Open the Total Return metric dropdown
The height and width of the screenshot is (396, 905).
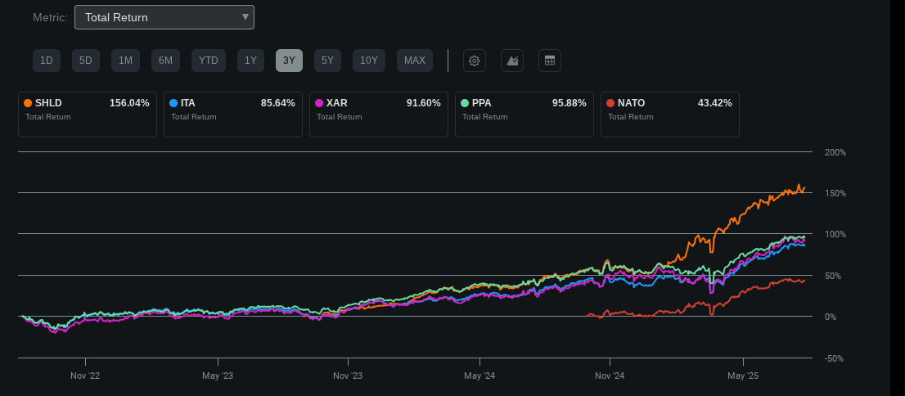click(x=164, y=17)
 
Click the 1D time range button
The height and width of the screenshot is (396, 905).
click(x=47, y=61)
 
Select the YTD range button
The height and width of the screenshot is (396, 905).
click(x=209, y=61)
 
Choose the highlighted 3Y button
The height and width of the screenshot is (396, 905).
click(x=289, y=61)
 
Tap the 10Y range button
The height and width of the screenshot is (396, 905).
click(x=369, y=61)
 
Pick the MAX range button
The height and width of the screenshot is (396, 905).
click(x=415, y=61)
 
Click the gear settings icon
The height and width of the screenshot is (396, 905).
click(x=475, y=61)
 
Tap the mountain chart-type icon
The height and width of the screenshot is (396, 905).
click(x=512, y=61)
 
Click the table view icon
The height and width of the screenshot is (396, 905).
click(x=550, y=61)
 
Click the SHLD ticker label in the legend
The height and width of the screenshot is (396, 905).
click(x=48, y=103)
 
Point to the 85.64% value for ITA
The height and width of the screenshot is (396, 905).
click(x=277, y=103)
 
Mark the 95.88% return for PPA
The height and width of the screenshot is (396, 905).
click(x=570, y=103)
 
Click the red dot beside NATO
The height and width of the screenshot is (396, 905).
click(x=610, y=103)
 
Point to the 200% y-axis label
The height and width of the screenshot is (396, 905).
click(x=835, y=153)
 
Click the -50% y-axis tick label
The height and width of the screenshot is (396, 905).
click(x=835, y=358)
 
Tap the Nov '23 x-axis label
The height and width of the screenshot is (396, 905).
click(x=348, y=376)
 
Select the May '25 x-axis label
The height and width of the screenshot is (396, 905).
click(x=743, y=376)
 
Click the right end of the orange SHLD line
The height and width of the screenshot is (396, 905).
click(x=804, y=188)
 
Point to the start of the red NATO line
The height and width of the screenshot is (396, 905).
click(x=588, y=316)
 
